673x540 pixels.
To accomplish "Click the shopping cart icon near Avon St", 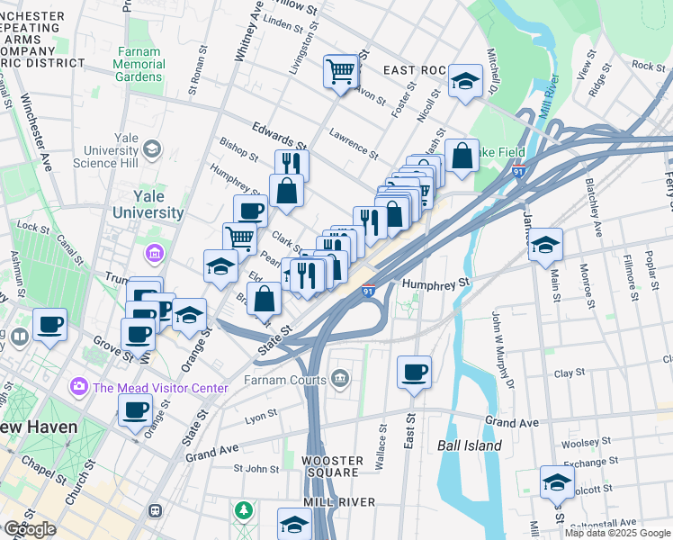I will (341, 70).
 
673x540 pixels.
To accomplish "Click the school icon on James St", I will (545, 244).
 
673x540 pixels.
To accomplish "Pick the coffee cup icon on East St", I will (414, 372).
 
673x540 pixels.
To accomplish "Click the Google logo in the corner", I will (30, 529).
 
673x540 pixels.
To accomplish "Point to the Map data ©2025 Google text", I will (617, 533).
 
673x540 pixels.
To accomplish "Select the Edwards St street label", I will (279, 136).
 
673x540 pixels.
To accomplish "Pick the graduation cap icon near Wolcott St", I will (557, 482).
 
